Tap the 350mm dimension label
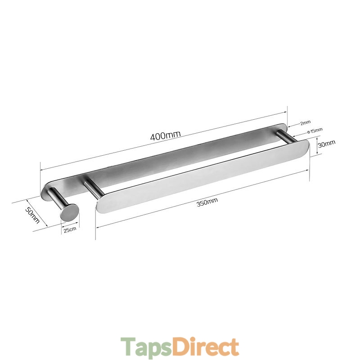click(x=207, y=202)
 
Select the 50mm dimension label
click(x=32, y=215)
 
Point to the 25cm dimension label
click(x=70, y=229)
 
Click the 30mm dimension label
click(x=326, y=144)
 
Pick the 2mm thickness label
click(x=306, y=123)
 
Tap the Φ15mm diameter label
click(x=315, y=130)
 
